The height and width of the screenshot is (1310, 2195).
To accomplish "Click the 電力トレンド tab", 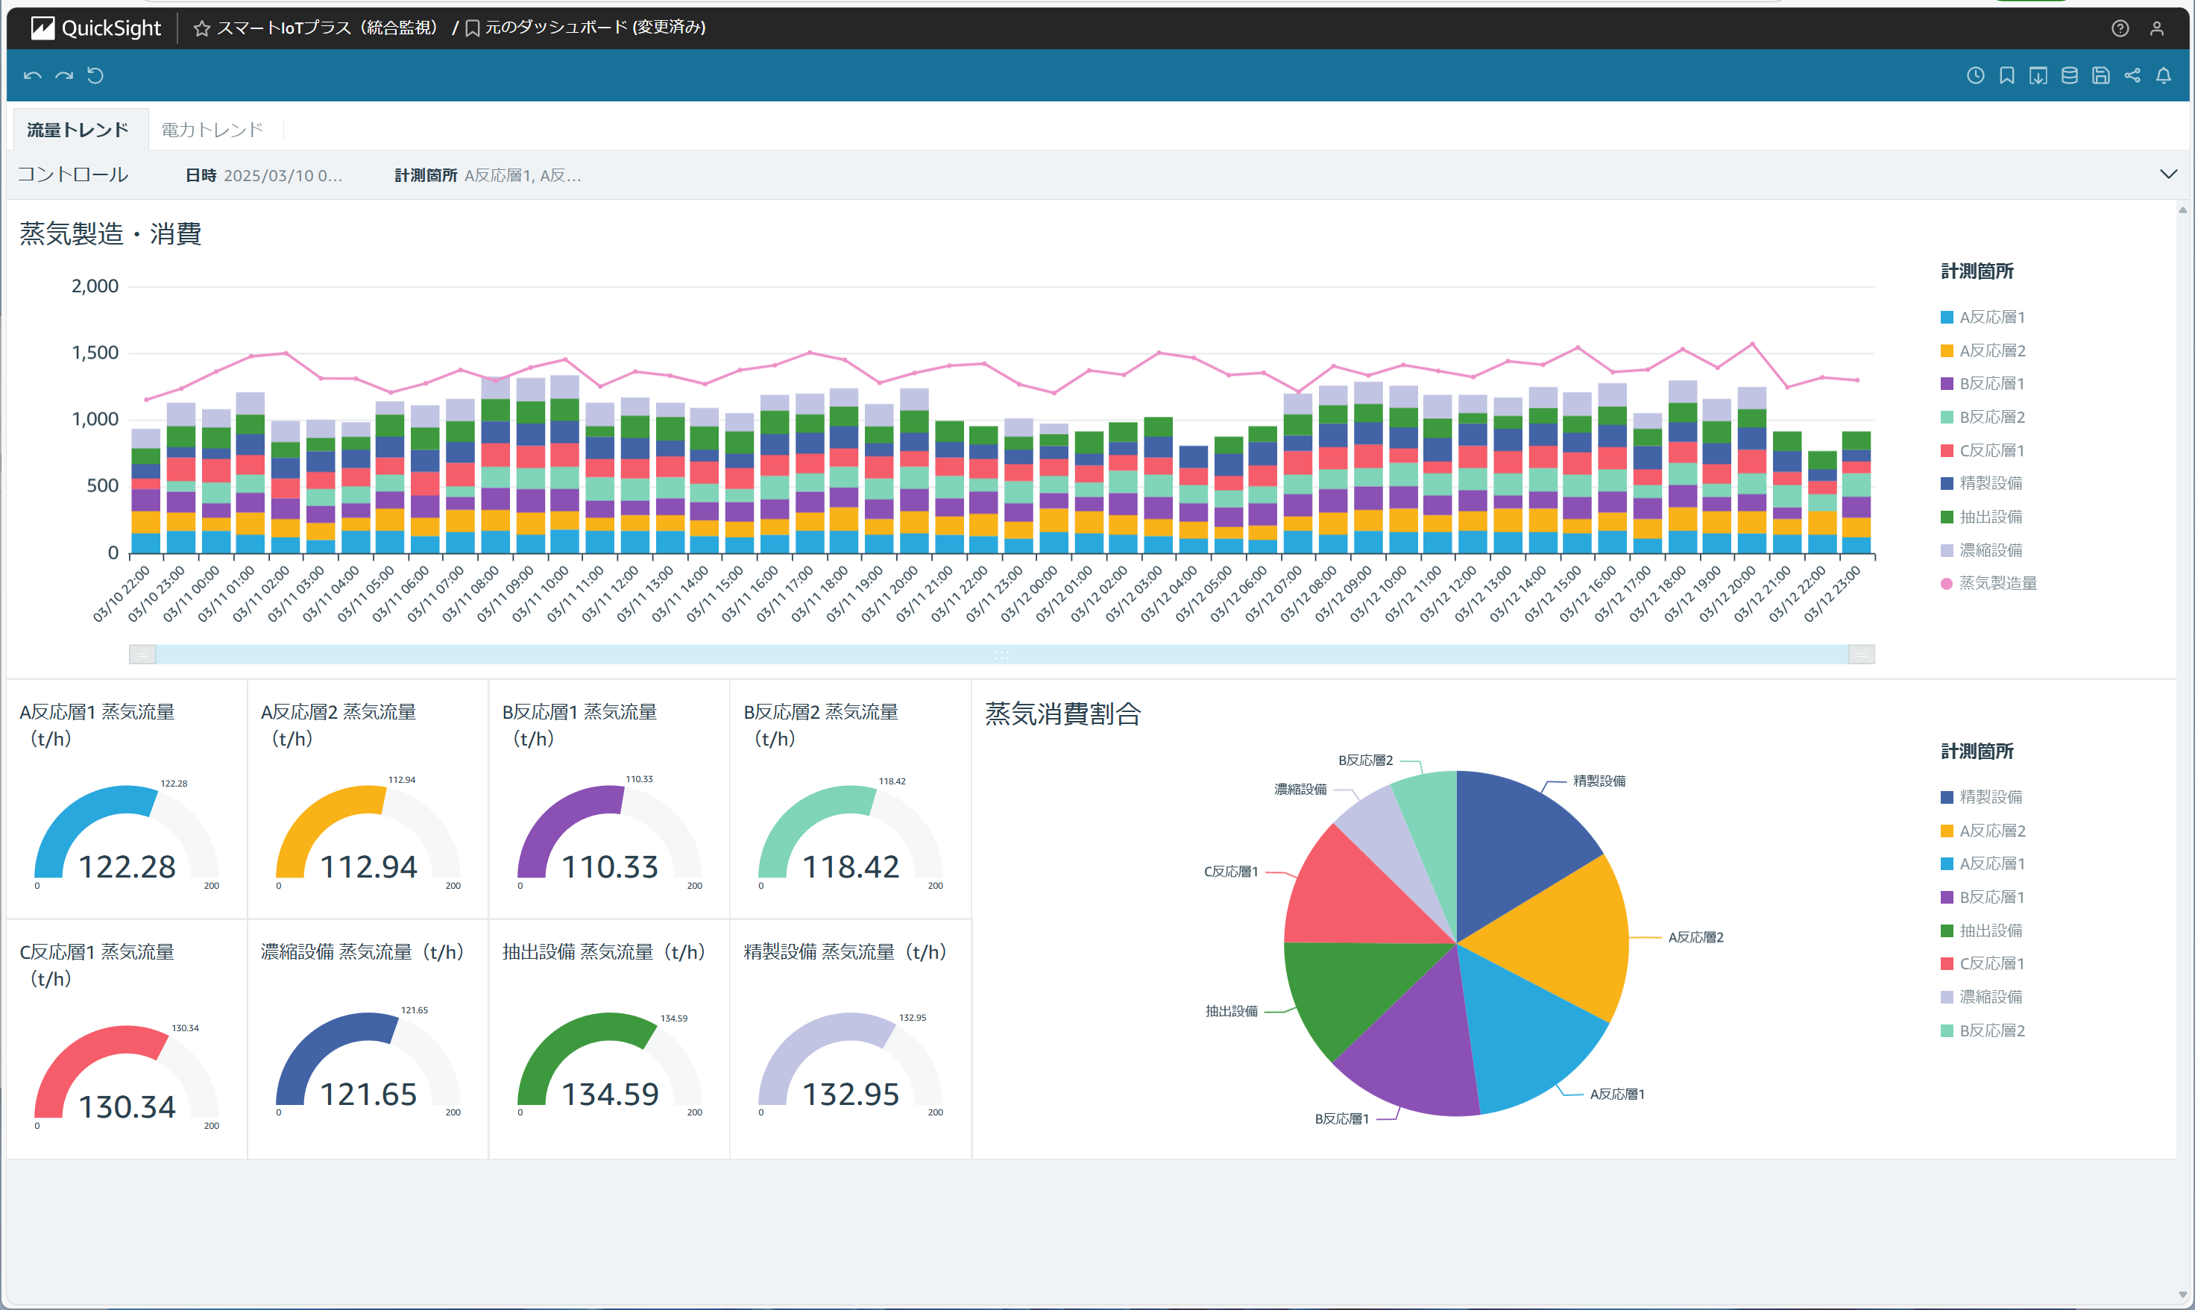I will click(212, 130).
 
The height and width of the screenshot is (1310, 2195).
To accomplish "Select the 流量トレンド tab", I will click(78, 130).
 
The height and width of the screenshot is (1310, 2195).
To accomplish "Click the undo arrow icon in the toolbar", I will click(33, 76).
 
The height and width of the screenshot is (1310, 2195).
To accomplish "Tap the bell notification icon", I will click(2162, 76).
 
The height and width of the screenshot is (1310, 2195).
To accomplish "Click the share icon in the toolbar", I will click(2132, 76).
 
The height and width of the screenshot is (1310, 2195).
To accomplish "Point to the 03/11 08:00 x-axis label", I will click(472, 594).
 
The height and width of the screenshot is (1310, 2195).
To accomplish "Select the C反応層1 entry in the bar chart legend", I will click(1991, 450).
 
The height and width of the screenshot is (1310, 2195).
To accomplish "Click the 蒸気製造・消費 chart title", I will click(110, 234).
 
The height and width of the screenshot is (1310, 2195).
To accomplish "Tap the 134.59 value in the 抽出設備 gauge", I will click(610, 1095).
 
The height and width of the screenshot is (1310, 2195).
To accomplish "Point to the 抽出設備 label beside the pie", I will click(1231, 1012).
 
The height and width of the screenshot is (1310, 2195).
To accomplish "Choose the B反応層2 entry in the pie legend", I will click(1991, 1030).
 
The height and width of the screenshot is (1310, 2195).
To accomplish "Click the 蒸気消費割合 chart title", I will click(1062, 714).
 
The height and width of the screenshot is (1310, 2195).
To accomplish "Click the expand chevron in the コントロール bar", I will click(2167, 174).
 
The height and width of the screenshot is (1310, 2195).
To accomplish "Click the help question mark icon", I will click(2120, 28).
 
